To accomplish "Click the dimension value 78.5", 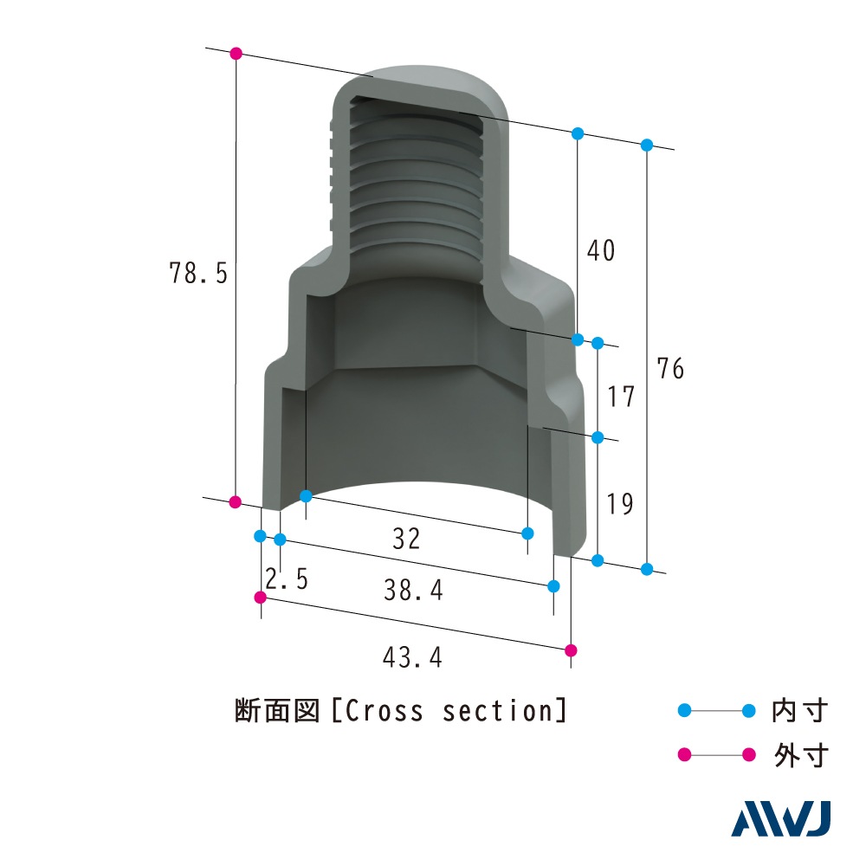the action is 198,273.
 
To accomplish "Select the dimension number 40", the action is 601,250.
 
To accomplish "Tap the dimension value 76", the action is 670,368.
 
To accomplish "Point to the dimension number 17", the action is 621,397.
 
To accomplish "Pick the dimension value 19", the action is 620,504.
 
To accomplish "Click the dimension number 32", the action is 406,539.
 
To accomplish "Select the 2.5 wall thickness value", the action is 287,578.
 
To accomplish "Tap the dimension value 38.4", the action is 414,590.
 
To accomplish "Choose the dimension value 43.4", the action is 412,657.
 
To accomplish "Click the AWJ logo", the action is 781,819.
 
